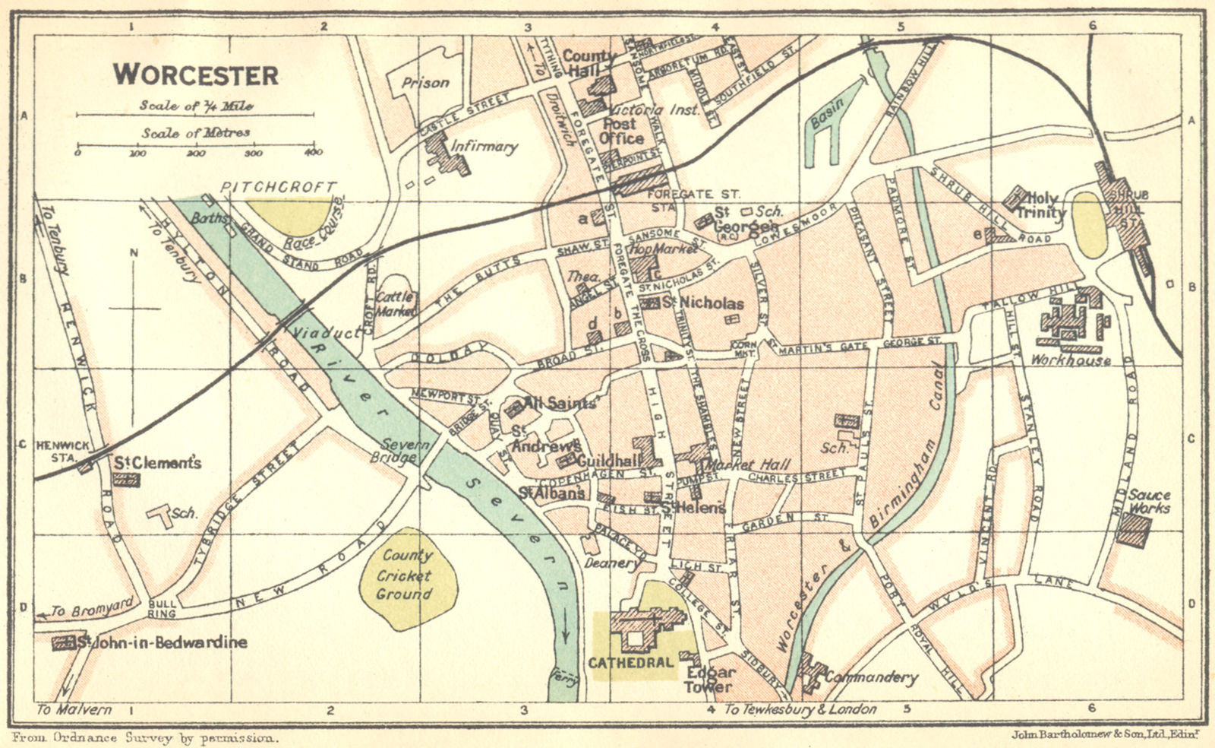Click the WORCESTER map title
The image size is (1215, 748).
[x=196, y=75]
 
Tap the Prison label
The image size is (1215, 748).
[x=425, y=83]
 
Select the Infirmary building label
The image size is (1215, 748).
[x=484, y=146]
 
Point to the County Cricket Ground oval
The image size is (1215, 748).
[x=408, y=577]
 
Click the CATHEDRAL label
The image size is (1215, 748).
[x=631, y=662]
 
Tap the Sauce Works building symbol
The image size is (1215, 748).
[x=1134, y=530]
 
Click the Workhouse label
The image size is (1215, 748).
[x=1071, y=360]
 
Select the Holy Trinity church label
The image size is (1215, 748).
[x=1040, y=206]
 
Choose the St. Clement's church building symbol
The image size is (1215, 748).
[x=125, y=480]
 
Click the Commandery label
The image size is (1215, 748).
[x=871, y=677]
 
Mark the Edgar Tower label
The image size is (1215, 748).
[x=710, y=680]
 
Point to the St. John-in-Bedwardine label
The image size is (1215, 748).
[x=162, y=642]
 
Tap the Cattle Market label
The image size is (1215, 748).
[x=396, y=303]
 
